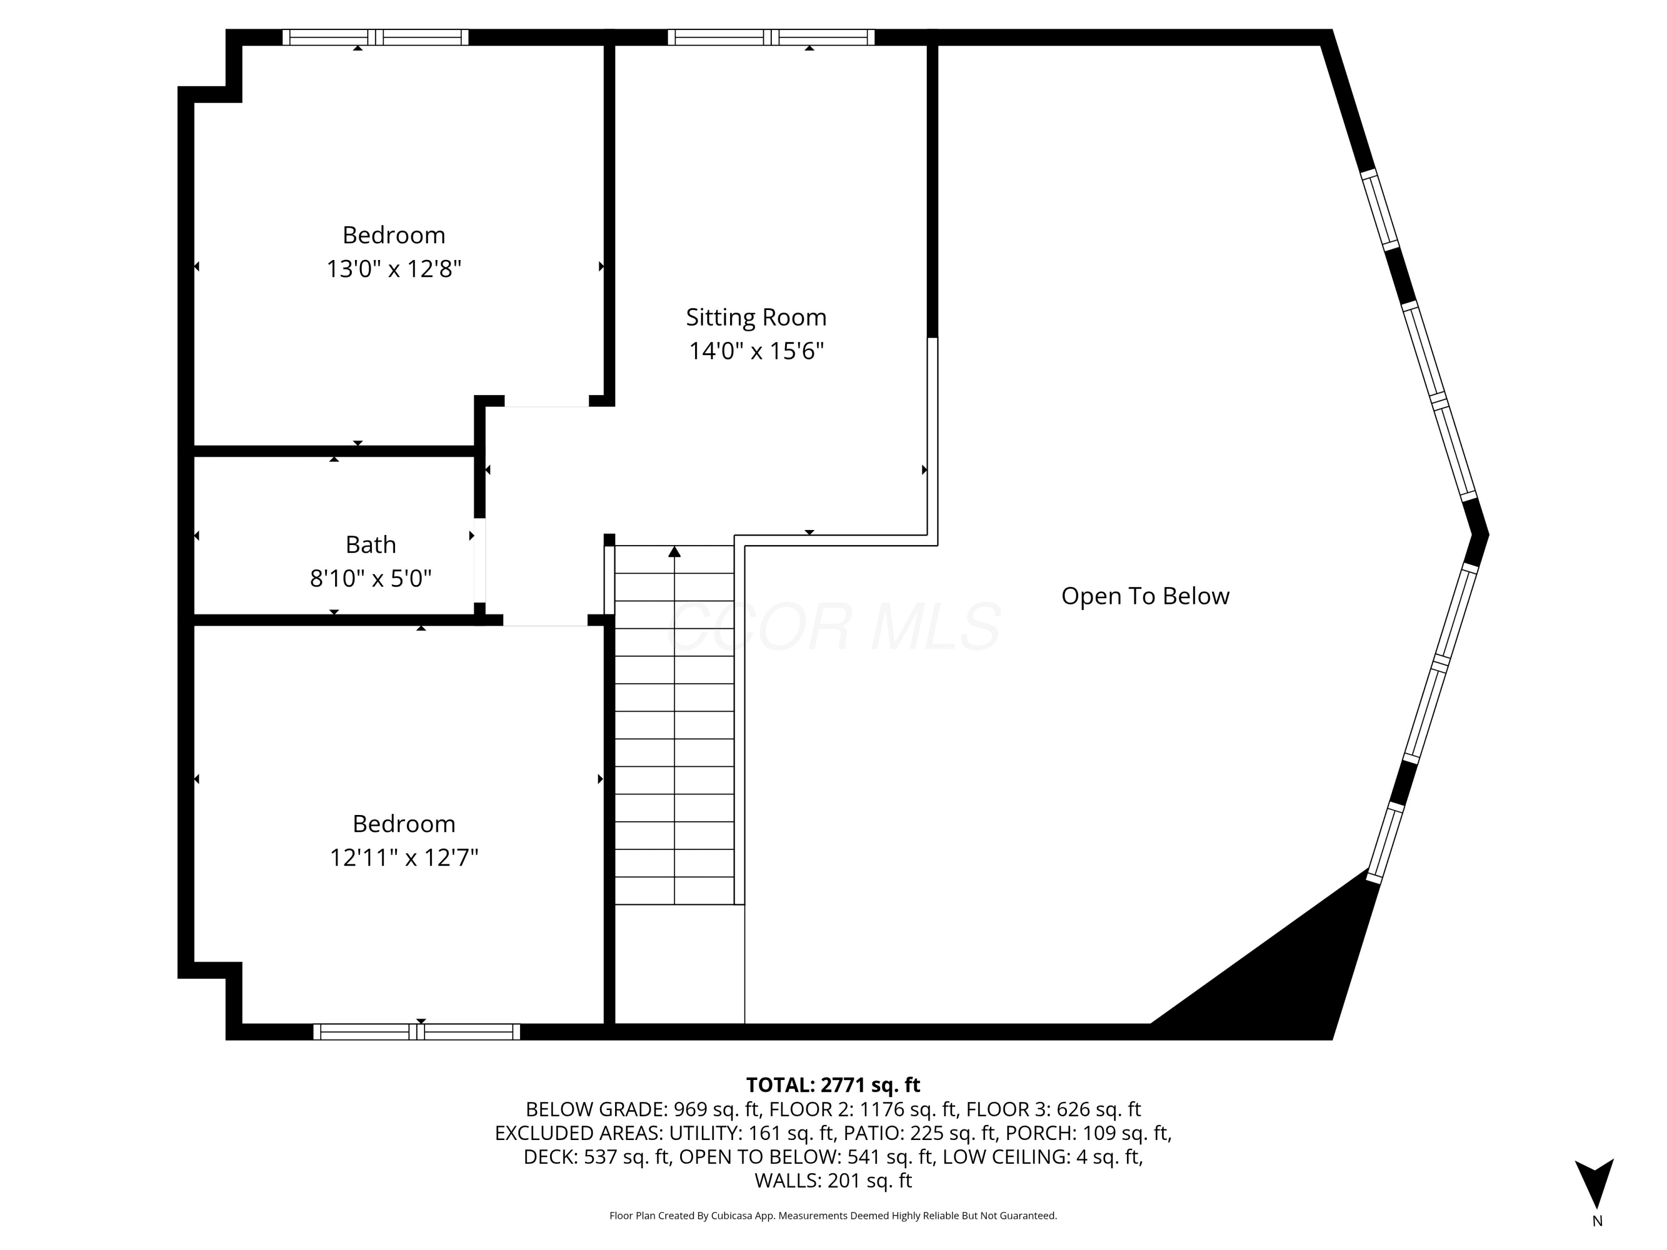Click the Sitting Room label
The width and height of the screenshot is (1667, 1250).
756,317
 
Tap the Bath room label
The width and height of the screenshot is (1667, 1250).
371,544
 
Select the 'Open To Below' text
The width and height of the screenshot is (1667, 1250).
1145,596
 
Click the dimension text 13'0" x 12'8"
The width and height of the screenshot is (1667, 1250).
393,269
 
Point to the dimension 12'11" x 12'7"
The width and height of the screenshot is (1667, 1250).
404,857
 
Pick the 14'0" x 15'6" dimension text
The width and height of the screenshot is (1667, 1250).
756,351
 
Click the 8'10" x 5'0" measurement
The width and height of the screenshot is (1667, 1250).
371,579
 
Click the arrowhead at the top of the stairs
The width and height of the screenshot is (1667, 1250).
675,552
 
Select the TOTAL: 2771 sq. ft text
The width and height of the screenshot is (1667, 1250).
833,1085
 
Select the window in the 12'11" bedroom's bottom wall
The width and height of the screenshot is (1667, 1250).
417,1032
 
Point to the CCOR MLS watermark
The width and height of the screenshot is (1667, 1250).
833,626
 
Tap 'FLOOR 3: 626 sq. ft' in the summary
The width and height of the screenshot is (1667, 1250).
1054,1109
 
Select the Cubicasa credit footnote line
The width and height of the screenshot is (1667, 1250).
833,1216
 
